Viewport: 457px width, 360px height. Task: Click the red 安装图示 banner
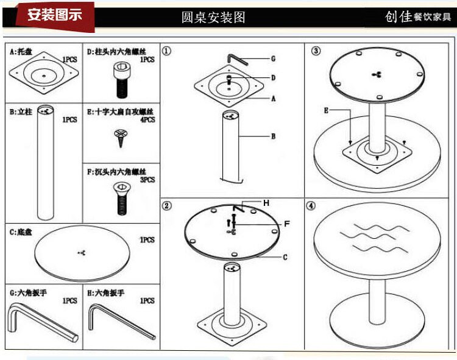tap(54, 15)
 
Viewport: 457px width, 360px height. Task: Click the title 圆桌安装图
tap(213, 17)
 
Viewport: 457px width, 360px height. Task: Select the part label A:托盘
tap(21, 52)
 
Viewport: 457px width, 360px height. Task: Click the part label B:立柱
tap(21, 111)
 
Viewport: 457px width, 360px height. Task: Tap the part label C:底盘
tap(21, 231)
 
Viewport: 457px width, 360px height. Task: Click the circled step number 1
tap(167, 51)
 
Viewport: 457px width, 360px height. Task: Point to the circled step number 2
tap(167, 205)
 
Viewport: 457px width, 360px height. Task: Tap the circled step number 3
tap(315, 51)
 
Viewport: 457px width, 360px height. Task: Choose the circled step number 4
tap(312, 206)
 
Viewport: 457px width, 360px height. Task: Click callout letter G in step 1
tap(274, 59)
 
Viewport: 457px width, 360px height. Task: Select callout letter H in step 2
tap(266, 202)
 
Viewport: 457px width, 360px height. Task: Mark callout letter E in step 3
tap(326, 110)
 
